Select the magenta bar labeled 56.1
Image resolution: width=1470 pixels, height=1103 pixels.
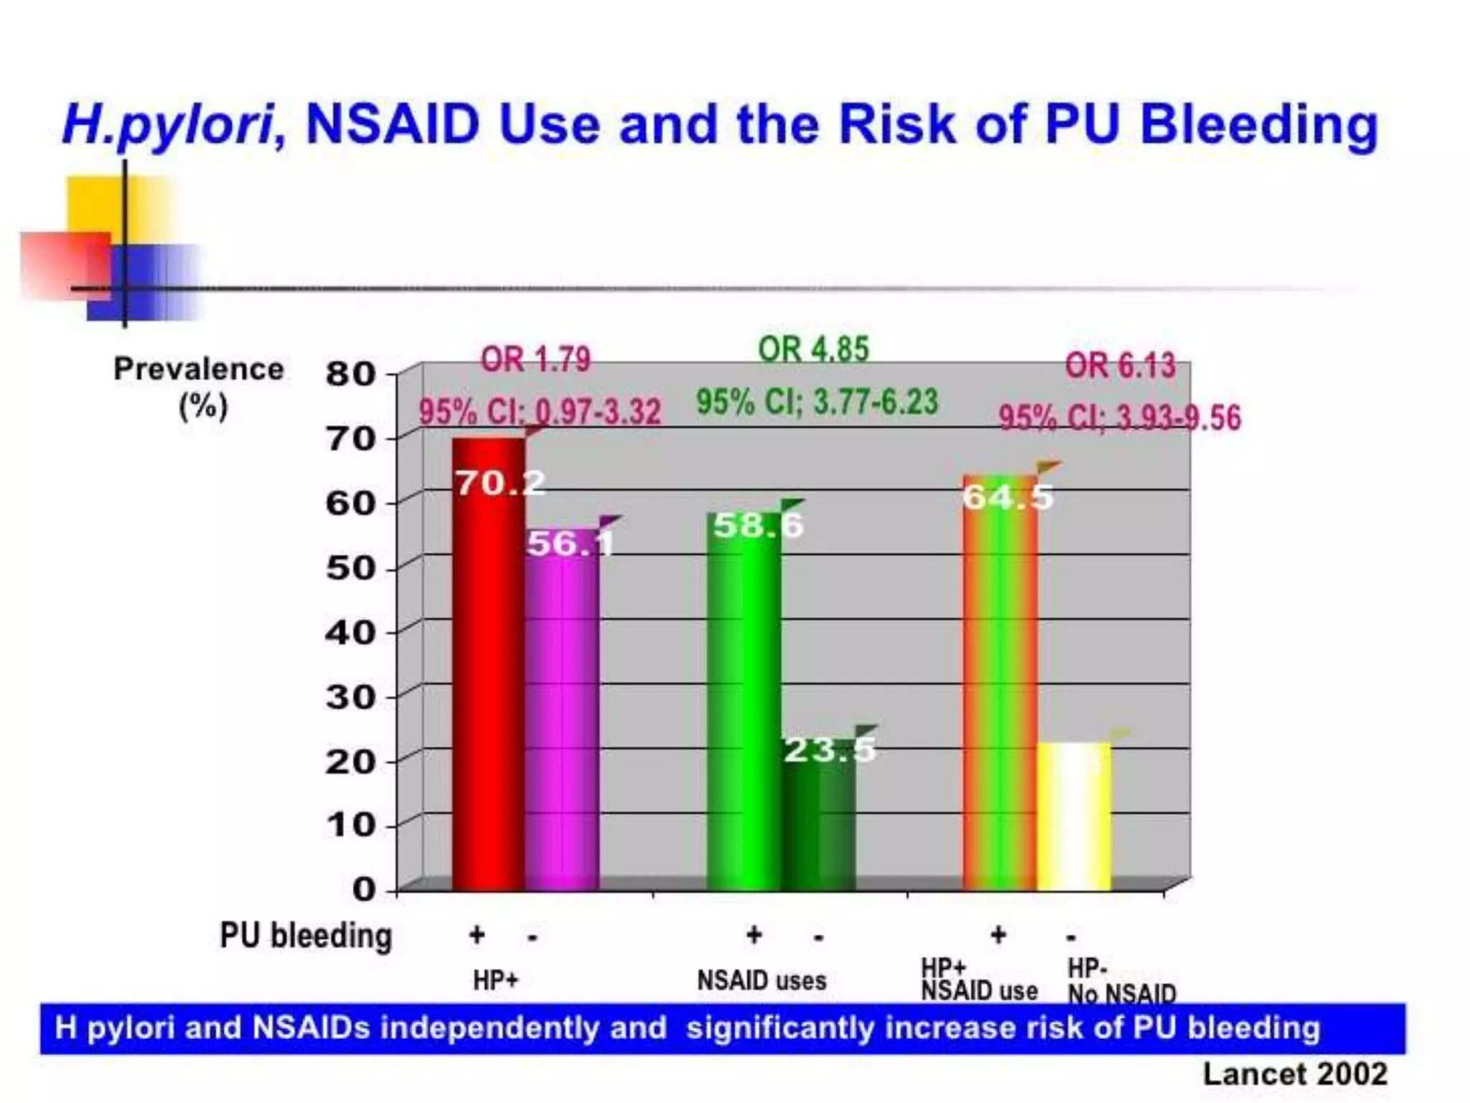click(562, 718)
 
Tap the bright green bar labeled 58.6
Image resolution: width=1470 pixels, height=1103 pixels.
click(744, 704)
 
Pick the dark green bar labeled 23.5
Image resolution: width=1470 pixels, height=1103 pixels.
click(818, 819)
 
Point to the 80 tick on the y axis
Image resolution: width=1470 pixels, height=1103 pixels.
click(350, 373)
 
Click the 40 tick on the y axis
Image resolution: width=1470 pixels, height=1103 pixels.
click(350, 633)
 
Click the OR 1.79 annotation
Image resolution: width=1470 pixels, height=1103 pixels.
click(535, 360)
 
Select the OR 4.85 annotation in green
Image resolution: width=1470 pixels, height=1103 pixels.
click(813, 350)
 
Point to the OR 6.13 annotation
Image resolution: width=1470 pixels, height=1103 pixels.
click(1120, 366)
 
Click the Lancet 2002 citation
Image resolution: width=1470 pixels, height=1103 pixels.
click(1295, 1074)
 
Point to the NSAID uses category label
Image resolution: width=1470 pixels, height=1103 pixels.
click(762, 981)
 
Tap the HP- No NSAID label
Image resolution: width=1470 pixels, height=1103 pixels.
click(1121, 982)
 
